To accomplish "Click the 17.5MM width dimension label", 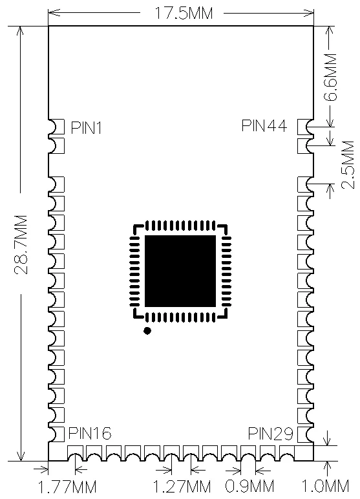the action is click(184, 14).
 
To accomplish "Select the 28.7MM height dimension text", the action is click(21, 244).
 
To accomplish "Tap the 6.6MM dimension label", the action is click(332, 78).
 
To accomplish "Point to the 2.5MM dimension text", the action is click(348, 165).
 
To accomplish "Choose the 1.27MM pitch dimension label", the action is click(182, 487).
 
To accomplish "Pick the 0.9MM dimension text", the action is click(249, 487).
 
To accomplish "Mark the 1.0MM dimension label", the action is click(325, 486).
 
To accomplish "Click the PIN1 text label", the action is click(86, 128).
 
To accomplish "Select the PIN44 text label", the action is click(264, 125).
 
